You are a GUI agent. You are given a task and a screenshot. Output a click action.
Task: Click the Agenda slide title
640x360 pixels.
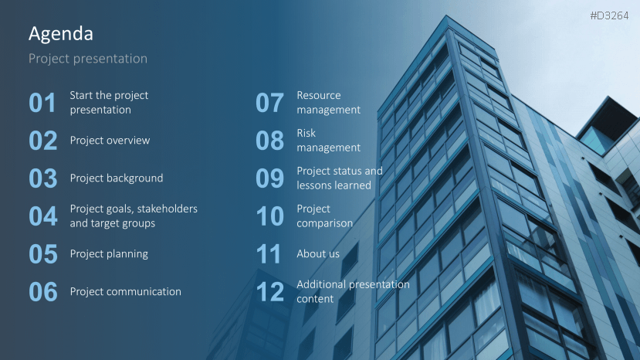click(x=61, y=34)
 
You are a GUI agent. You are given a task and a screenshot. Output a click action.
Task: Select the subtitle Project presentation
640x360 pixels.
click(x=88, y=59)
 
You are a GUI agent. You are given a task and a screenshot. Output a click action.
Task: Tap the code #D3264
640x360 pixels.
click(x=609, y=16)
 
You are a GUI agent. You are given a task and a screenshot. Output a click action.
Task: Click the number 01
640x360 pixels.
click(x=42, y=103)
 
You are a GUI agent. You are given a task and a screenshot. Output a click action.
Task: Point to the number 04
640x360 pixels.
click(x=43, y=216)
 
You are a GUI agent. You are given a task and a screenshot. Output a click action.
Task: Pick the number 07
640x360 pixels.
click(x=269, y=103)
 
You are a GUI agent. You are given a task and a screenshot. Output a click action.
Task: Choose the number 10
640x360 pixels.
click(x=269, y=216)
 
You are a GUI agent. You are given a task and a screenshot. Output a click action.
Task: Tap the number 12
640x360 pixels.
click(x=269, y=292)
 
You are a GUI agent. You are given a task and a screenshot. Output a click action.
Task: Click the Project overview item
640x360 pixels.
click(x=110, y=141)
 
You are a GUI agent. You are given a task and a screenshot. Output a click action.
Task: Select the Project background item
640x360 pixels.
click(x=117, y=178)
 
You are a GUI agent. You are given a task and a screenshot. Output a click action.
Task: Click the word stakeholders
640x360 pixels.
click(x=168, y=209)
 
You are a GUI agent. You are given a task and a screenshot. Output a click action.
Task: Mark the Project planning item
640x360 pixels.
click(x=109, y=254)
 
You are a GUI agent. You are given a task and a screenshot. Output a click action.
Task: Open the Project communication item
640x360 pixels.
click(x=125, y=292)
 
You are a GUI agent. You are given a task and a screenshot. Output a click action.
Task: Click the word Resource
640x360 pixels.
click(x=318, y=96)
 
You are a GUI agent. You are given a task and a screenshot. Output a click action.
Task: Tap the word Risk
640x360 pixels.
click(x=306, y=133)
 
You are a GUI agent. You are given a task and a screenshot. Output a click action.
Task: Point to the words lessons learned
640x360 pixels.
click(x=334, y=185)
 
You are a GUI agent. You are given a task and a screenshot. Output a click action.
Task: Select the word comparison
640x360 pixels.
click(x=324, y=224)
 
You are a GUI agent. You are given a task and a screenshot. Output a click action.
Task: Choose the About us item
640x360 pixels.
click(x=318, y=254)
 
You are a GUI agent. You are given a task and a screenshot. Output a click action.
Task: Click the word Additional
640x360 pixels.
click(x=321, y=284)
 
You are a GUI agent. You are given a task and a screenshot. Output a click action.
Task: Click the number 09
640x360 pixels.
click(x=269, y=178)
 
